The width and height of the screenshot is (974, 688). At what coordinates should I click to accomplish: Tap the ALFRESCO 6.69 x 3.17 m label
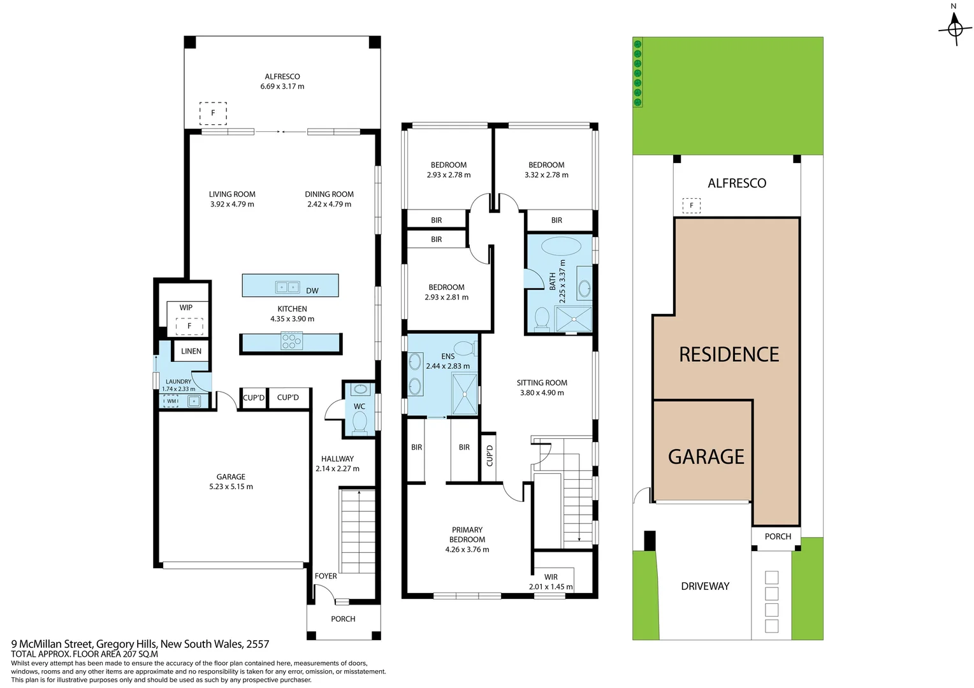(282, 82)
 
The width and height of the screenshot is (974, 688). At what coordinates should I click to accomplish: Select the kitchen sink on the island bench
(287, 287)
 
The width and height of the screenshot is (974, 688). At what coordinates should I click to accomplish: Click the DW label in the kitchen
(312, 291)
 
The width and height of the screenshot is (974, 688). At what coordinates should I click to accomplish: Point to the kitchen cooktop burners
(291, 342)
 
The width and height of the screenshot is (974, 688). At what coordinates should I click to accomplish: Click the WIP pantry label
(185, 308)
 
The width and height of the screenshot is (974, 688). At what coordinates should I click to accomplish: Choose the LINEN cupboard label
(191, 351)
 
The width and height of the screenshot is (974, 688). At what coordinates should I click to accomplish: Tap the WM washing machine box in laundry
(171, 401)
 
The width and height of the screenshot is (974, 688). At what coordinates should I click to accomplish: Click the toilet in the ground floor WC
(360, 422)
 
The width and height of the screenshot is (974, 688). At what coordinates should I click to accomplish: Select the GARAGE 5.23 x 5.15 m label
(231, 482)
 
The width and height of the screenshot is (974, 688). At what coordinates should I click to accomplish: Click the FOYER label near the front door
(326, 576)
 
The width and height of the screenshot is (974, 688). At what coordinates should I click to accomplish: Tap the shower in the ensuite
(465, 394)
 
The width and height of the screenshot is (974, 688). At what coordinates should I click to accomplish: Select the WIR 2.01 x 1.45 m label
(551, 582)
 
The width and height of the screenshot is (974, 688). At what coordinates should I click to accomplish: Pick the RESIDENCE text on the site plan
(729, 355)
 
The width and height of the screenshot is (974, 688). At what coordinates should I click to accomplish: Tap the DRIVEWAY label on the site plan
(705, 586)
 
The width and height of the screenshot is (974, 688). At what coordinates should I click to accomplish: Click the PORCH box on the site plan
(778, 536)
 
